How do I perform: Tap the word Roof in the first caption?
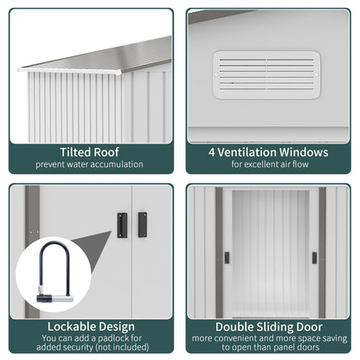[x=106, y=152]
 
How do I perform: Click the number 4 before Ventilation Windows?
[x=212, y=152]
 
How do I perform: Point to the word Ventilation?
[x=247, y=152]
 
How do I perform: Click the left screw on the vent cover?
[x=217, y=75]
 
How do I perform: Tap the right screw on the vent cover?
[x=316, y=75]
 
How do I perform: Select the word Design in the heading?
[x=118, y=327]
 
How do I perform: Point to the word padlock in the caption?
[x=108, y=338]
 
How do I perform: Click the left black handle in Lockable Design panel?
[x=122, y=225]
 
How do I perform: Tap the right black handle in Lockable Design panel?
[x=143, y=225]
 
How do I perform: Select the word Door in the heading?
[x=310, y=327]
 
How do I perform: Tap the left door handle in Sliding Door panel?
[x=227, y=258]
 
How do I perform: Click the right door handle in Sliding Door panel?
[x=314, y=258]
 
